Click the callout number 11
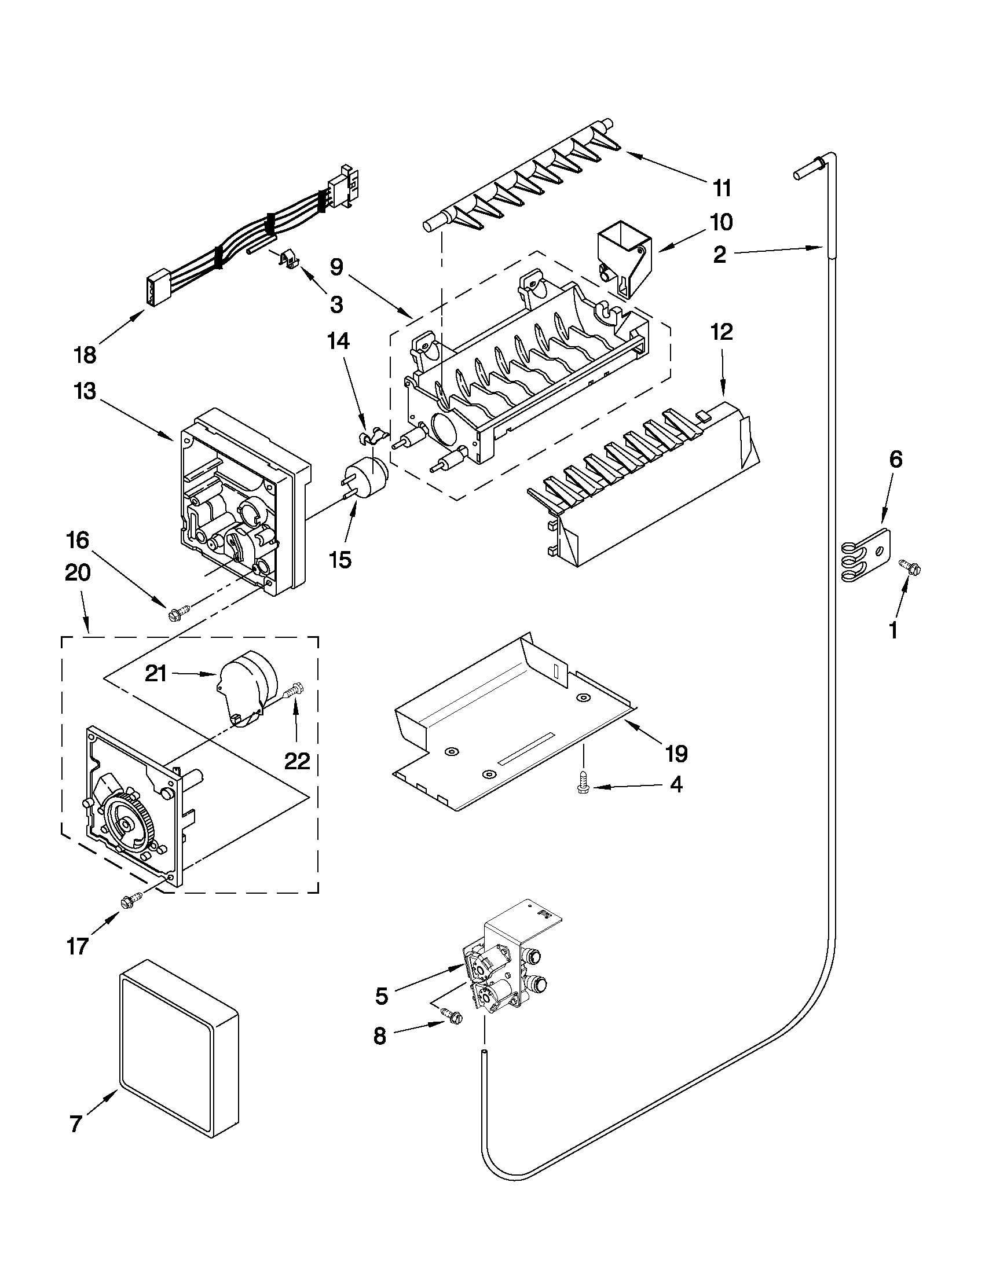click(722, 189)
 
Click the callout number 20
click(78, 573)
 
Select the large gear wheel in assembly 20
click(127, 823)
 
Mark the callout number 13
click(85, 391)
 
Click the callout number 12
click(722, 332)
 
